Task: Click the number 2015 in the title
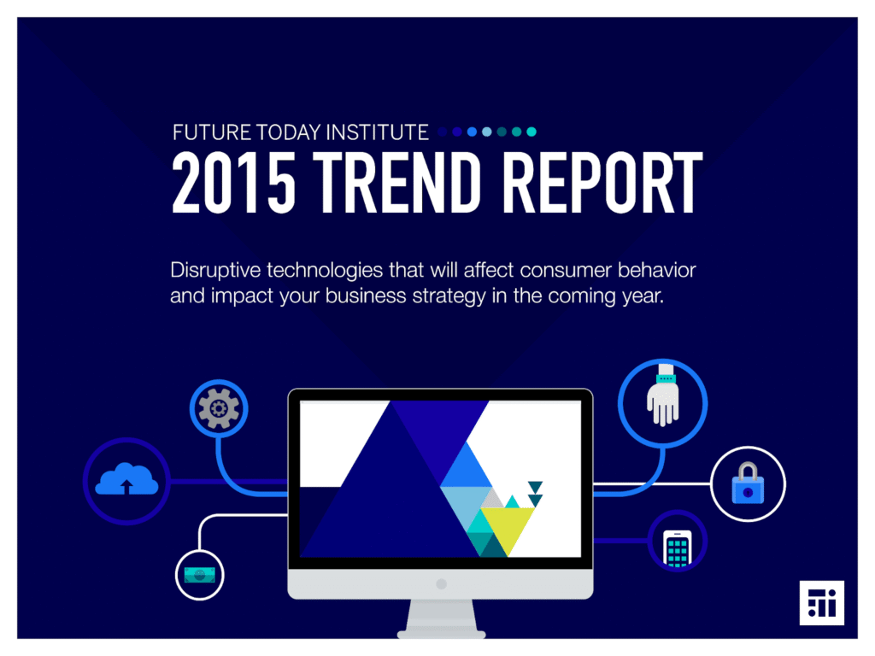[x=233, y=183]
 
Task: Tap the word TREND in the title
[x=396, y=183]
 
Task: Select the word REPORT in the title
[x=602, y=183]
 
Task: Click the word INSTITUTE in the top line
[x=377, y=132]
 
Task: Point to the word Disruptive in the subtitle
[x=215, y=271]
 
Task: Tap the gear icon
[x=219, y=409]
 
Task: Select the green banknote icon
[x=200, y=575]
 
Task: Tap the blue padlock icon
[x=748, y=483]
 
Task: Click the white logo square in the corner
[x=821, y=603]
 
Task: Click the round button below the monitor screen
[x=442, y=584]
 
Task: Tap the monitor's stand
[x=442, y=619]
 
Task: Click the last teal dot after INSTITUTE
[x=531, y=132]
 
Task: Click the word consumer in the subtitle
[x=566, y=271]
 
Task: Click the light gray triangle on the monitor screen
[x=492, y=499]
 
